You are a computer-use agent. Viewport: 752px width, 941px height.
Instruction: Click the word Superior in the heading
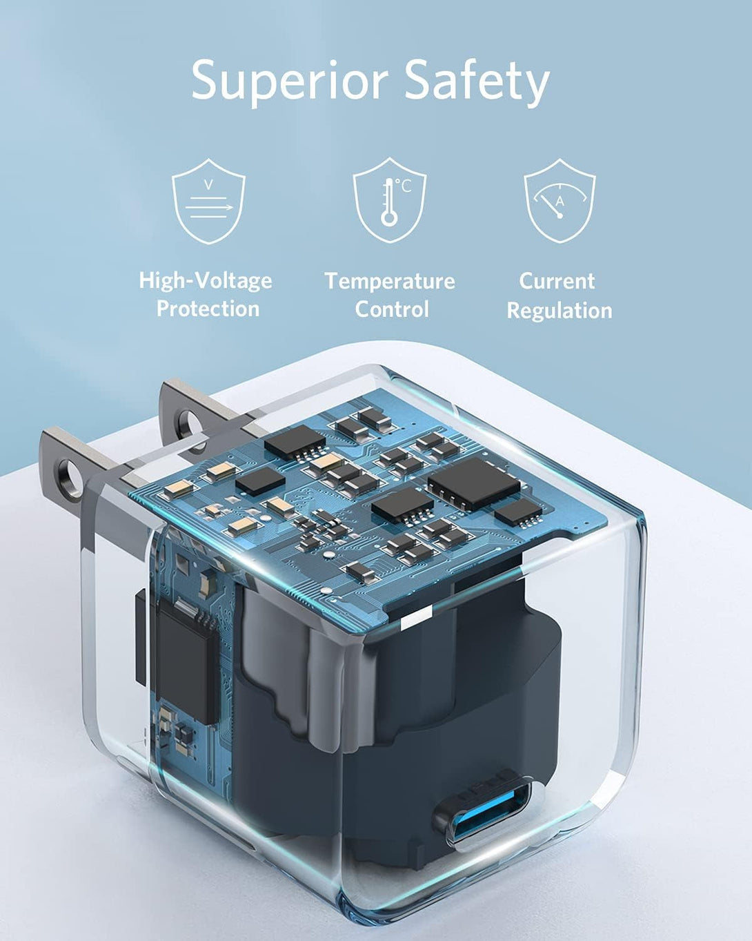tap(290, 81)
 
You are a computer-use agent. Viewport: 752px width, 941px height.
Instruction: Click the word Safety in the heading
tap(477, 81)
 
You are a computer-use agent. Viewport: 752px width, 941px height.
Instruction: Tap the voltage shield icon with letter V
tap(208, 201)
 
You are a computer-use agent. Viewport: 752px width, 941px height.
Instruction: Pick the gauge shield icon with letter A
tap(560, 201)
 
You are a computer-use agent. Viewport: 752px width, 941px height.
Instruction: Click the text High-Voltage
tap(206, 280)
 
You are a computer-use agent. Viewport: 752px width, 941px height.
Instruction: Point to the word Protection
tap(208, 309)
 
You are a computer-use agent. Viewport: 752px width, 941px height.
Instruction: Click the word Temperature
tap(390, 281)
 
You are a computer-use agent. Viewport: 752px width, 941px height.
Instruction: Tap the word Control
tap(391, 309)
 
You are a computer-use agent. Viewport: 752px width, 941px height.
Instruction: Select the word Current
tap(557, 281)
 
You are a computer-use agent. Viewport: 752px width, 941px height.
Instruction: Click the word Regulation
tap(560, 311)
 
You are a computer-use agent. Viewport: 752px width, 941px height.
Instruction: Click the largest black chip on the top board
tap(473, 483)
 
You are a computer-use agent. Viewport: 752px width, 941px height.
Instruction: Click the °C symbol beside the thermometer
tap(404, 186)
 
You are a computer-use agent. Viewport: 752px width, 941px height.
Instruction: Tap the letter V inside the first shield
tap(208, 184)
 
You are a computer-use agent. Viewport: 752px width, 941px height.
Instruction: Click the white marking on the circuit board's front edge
tap(415, 619)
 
